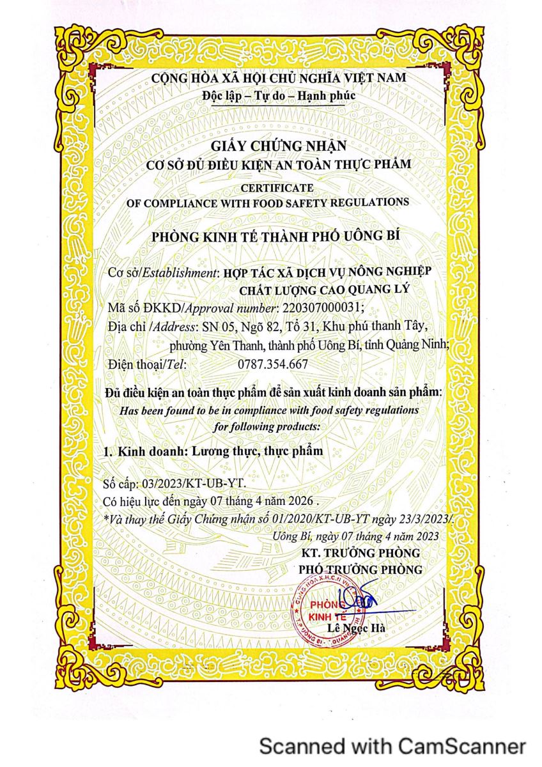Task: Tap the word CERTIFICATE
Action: [x=277, y=187]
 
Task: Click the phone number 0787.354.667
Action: [x=263, y=364]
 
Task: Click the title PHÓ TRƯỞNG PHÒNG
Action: [x=360, y=569]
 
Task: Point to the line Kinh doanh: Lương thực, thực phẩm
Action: [x=214, y=451]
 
